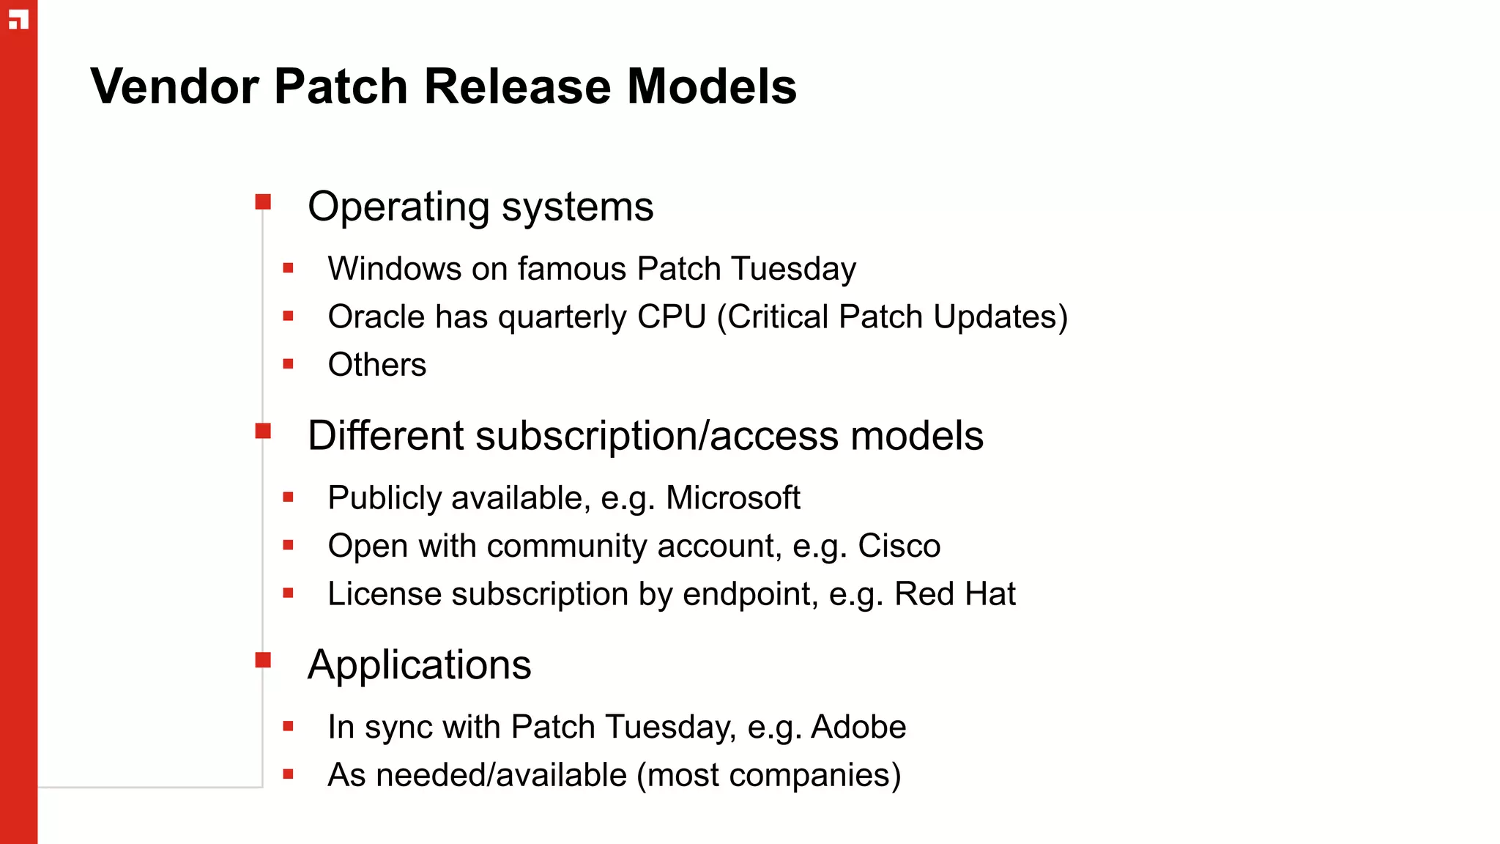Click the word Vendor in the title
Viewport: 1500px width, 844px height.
(x=174, y=86)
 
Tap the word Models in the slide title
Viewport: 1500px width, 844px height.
(x=711, y=86)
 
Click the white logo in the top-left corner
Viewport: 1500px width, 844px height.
(x=18, y=20)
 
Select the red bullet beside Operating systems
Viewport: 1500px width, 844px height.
(x=263, y=201)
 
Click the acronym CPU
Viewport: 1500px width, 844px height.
(x=671, y=317)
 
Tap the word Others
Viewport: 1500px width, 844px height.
(x=376, y=365)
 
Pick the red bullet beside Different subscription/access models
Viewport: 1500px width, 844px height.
(x=263, y=431)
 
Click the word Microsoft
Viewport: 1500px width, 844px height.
(x=732, y=498)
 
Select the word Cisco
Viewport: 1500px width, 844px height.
(x=899, y=547)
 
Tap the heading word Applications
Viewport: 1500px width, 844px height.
(x=419, y=665)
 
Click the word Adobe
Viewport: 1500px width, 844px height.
(x=858, y=728)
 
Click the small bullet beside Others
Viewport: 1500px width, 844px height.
(x=288, y=364)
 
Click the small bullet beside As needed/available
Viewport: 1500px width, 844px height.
(x=288, y=774)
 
